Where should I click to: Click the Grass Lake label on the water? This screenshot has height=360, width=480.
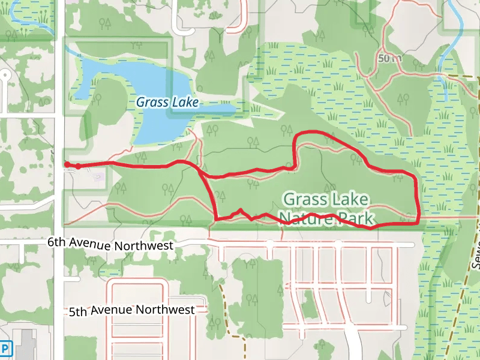[x=167, y=102]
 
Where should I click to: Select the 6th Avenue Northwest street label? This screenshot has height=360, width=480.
[x=110, y=244]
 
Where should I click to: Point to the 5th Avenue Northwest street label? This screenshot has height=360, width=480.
[x=131, y=310]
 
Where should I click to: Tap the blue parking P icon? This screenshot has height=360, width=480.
[x=5, y=348]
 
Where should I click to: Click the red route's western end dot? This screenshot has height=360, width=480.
[x=67, y=164]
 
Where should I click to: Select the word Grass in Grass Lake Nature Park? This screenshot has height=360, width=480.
[x=304, y=199]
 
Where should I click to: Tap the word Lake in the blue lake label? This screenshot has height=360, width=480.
[x=184, y=102]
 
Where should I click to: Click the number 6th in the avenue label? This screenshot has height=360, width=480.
[x=56, y=242]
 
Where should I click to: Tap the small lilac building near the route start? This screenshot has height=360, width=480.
[x=97, y=176]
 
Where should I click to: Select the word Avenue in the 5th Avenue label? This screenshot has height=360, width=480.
[x=112, y=311]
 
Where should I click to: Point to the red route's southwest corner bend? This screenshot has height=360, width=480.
[x=216, y=218]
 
